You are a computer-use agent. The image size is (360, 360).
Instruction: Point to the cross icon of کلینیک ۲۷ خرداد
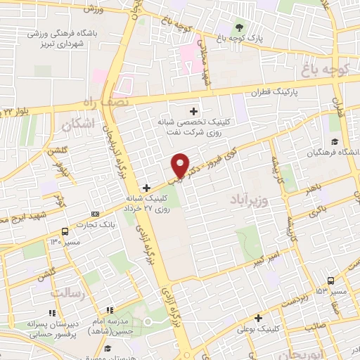pos(146,188)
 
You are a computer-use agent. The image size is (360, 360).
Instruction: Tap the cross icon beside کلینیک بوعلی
pos(259,319)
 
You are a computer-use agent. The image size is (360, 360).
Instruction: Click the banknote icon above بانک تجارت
pos(94,213)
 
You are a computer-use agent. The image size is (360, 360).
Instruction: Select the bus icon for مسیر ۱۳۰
pos(65,231)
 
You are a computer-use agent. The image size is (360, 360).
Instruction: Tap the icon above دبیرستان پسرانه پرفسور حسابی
pos(51,312)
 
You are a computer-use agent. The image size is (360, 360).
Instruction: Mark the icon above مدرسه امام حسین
pos(110,310)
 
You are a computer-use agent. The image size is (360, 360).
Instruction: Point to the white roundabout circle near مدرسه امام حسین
pos(148,322)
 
